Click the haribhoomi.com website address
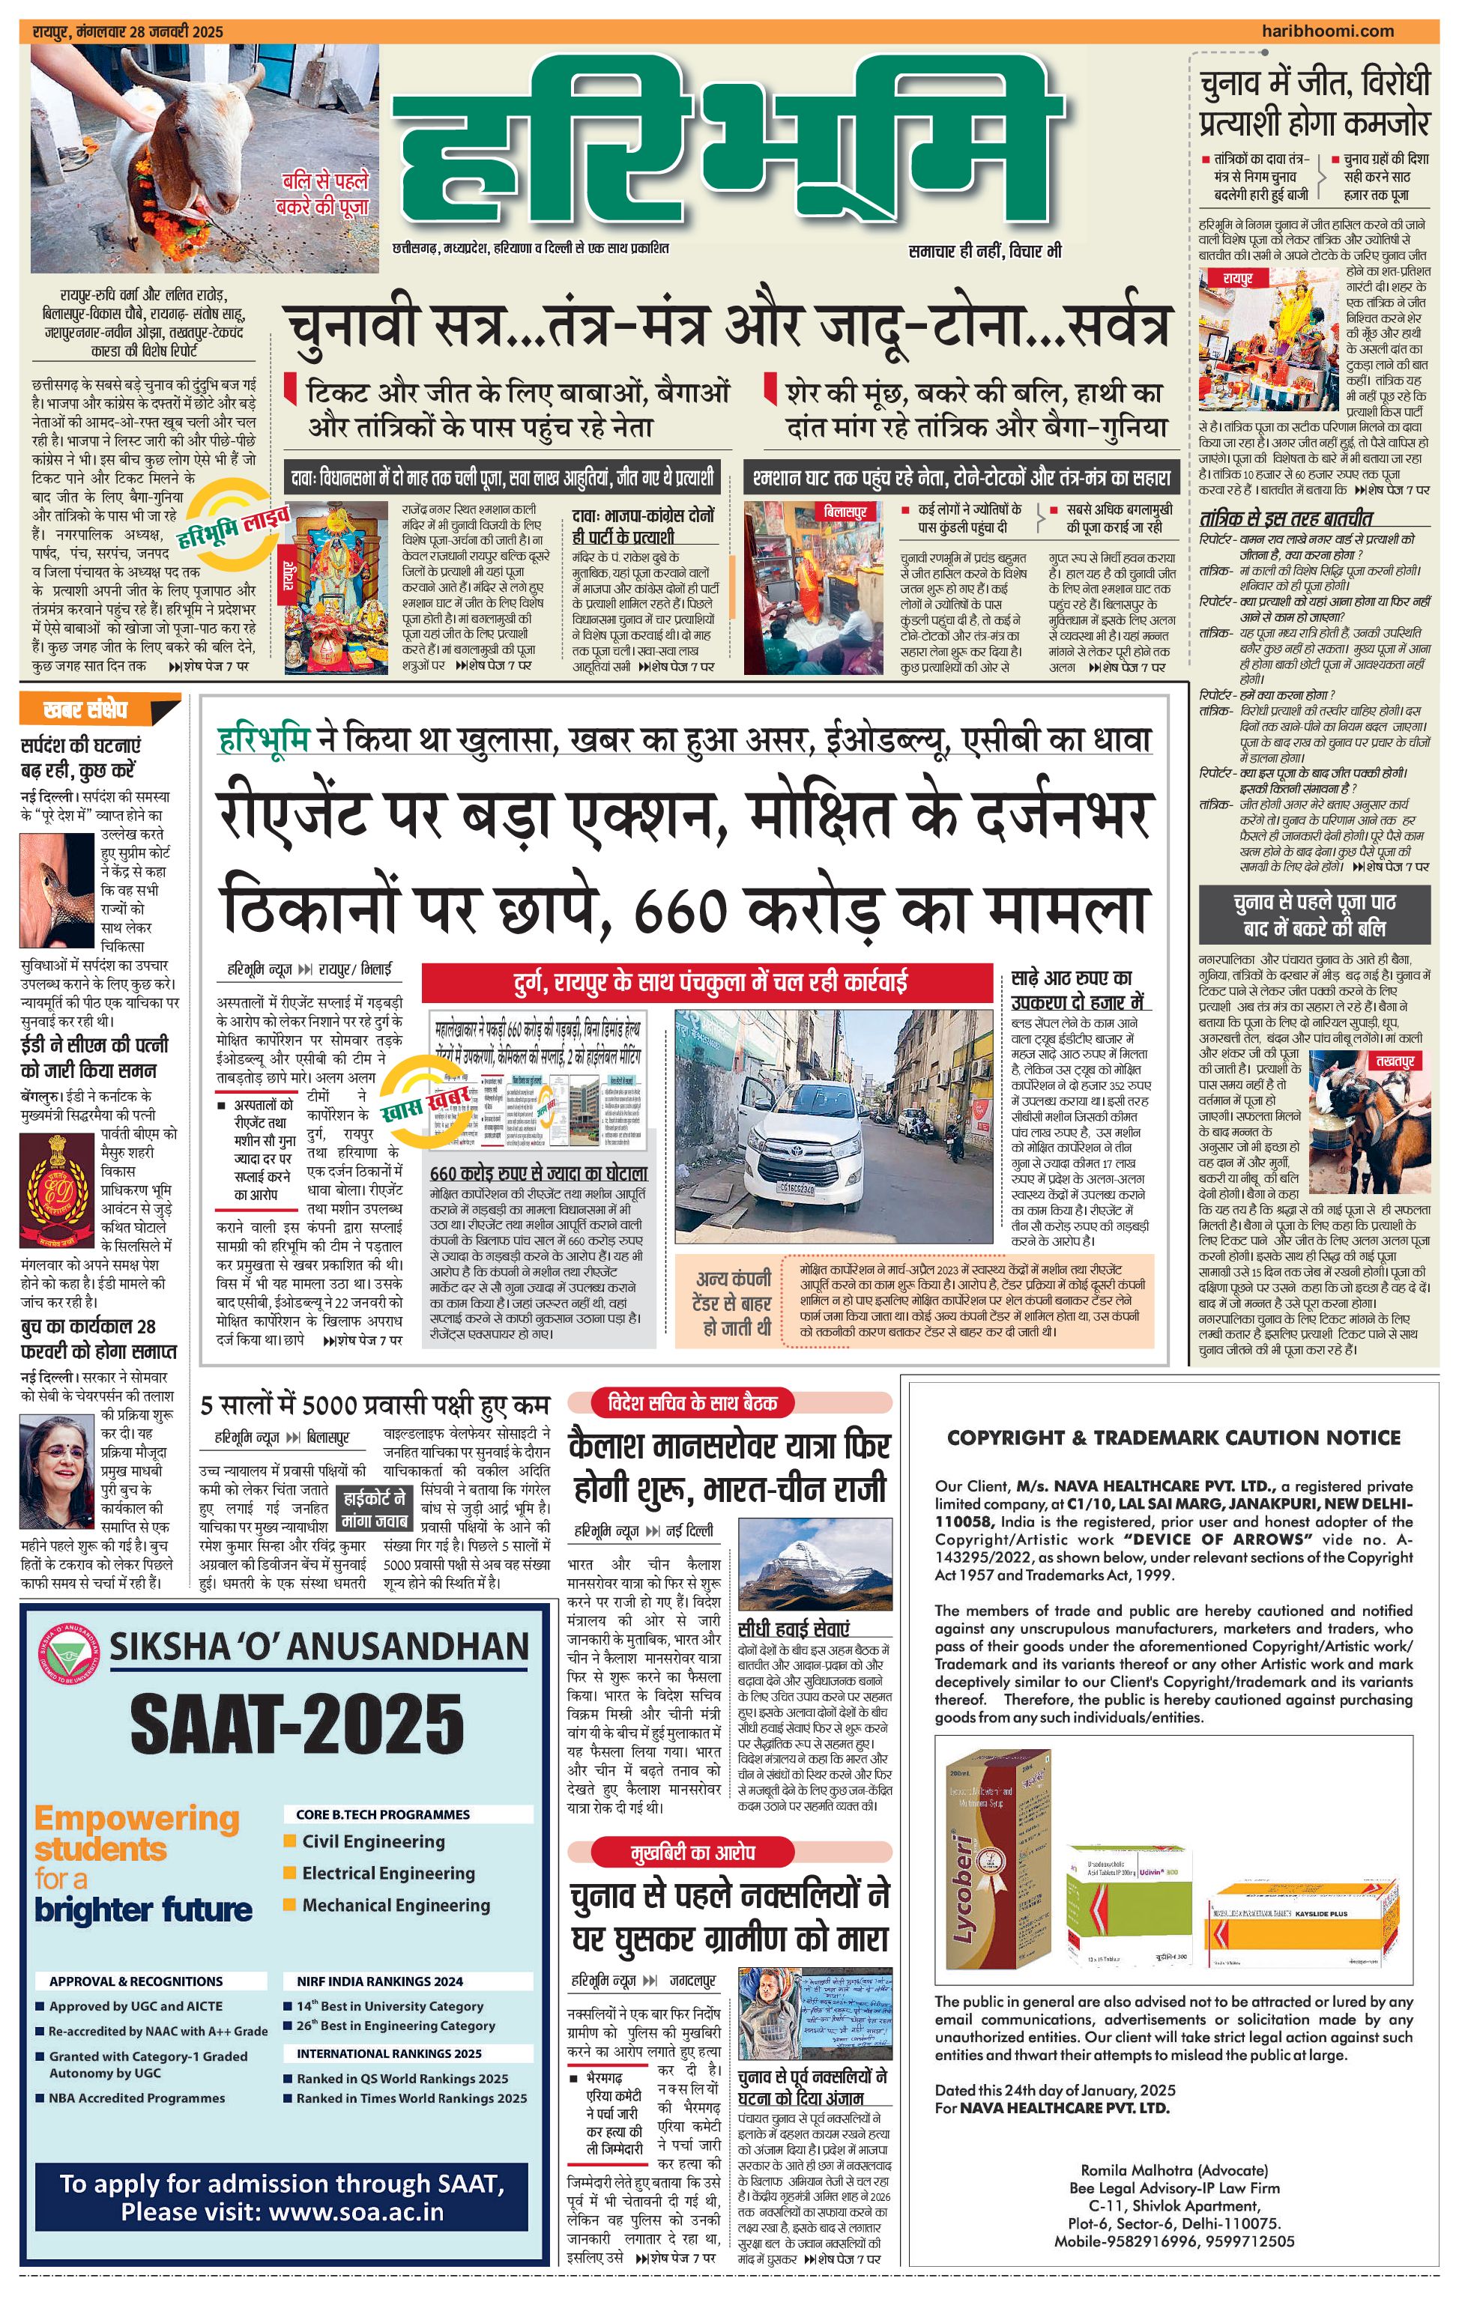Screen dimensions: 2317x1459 pyautogui.click(x=1327, y=31)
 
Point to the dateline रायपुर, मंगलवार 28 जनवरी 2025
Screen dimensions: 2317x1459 pyautogui.click(x=127, y=31)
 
